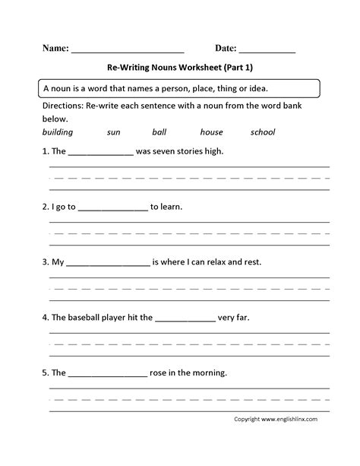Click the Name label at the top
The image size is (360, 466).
[x=54, y=47]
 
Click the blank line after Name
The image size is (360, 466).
[x=128, y=50]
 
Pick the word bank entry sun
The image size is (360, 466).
[x=114, y=132]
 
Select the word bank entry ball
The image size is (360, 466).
[x=159, y=132]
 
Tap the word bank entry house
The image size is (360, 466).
[x=212, y=132]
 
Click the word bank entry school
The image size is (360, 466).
[x=263, y=132]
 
